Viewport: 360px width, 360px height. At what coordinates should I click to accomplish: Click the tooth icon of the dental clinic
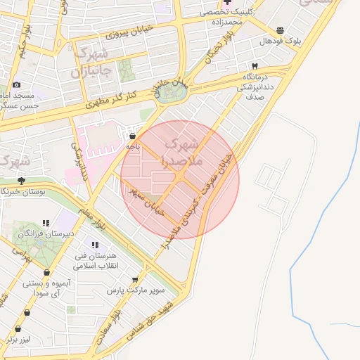click(254, 65)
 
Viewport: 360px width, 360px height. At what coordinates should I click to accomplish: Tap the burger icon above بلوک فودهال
click(281, 30)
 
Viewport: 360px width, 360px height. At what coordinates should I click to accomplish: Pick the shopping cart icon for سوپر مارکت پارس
click(135, 279)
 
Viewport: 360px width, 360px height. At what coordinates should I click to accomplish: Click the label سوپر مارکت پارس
click(136, 290)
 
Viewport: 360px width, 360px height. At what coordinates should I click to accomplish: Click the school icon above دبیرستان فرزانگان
click(46, 222)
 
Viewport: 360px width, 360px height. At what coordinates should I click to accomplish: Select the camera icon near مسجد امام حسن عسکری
click(17, 85)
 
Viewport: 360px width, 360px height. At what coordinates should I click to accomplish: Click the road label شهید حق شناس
click(150, 318)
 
